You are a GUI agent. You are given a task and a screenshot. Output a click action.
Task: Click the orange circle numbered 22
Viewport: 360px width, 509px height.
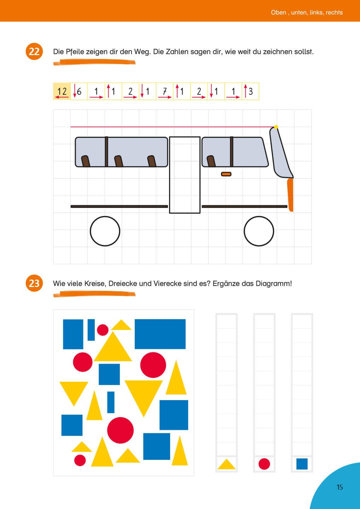tap(34, 51)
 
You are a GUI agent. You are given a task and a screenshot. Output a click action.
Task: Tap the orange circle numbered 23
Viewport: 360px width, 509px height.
tap(34, 283)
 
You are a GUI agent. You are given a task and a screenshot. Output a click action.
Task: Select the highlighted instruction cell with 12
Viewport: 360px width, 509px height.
tap(62, 91)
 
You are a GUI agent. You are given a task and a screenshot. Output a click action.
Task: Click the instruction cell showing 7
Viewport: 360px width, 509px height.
tap(164, 91)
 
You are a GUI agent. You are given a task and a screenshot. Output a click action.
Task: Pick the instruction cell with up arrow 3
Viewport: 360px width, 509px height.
tap(250, 91)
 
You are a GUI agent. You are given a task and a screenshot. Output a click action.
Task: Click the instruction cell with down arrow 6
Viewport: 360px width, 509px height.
tap(79, 91)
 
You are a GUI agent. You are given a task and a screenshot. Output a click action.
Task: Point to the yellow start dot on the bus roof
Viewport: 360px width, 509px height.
tap(276, 127)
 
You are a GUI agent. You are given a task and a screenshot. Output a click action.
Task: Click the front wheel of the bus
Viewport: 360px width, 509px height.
tap(259, 231)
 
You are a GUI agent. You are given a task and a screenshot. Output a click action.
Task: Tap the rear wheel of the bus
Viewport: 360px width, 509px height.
tap(105, 231)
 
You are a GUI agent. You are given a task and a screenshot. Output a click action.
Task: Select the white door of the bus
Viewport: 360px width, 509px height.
tap(185, 175)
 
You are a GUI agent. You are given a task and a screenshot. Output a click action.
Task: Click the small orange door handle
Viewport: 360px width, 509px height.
tap(226, 174)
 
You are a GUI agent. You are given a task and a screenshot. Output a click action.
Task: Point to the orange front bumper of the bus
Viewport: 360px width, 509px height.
tap(290, 195)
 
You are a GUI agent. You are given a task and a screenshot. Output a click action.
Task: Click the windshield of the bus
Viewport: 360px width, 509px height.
tap(281, 153)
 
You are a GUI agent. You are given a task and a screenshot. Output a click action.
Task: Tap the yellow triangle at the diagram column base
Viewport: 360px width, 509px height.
tap(226, 464)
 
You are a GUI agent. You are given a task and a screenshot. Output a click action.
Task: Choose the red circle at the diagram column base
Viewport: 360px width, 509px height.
tap(264, 464)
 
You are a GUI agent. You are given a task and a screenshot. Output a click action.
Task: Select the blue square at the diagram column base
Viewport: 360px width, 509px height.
tap(302, 464)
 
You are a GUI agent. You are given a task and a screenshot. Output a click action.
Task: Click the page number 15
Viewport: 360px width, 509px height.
tap(339, 487)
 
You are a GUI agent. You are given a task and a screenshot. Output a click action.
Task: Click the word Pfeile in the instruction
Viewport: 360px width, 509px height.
tap(75, 52)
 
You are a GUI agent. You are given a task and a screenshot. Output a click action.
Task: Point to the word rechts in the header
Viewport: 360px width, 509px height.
tap(334, 12)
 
